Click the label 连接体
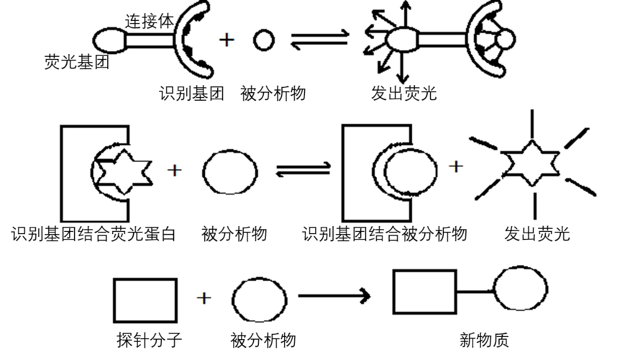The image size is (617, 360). (150, 22)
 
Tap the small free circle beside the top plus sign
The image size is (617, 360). (263, 41)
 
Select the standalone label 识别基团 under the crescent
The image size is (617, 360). (191, 94)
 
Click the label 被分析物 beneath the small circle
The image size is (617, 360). (273, 94)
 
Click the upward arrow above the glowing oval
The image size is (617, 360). (406, 13)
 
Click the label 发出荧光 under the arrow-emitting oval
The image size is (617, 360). (403, 94)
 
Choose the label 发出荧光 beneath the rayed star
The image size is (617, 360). (538, 234)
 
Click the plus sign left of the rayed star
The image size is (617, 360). (455, 167)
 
